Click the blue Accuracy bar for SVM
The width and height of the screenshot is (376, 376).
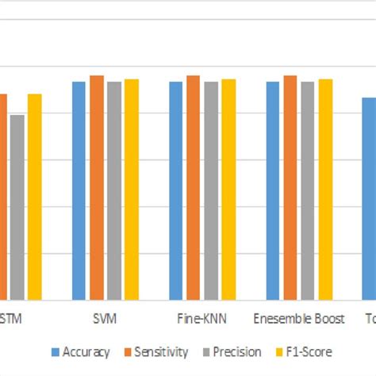79,191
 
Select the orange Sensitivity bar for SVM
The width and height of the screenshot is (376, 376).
96,188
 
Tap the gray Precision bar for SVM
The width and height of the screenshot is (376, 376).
114,191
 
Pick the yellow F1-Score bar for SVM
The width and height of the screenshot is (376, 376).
132,190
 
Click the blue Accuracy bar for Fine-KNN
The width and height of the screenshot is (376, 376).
176,191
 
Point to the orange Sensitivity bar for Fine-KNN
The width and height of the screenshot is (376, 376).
193,188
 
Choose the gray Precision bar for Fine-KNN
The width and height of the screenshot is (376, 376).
211,191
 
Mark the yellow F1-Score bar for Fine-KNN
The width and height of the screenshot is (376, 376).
228,190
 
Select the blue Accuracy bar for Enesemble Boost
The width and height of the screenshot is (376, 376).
273,191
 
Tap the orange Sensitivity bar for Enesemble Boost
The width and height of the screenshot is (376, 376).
290,188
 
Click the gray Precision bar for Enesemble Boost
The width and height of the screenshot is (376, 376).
308,191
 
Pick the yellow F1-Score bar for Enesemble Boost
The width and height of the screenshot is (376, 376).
325,190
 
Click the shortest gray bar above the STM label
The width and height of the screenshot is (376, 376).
17,208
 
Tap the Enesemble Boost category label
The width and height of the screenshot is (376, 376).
299,319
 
